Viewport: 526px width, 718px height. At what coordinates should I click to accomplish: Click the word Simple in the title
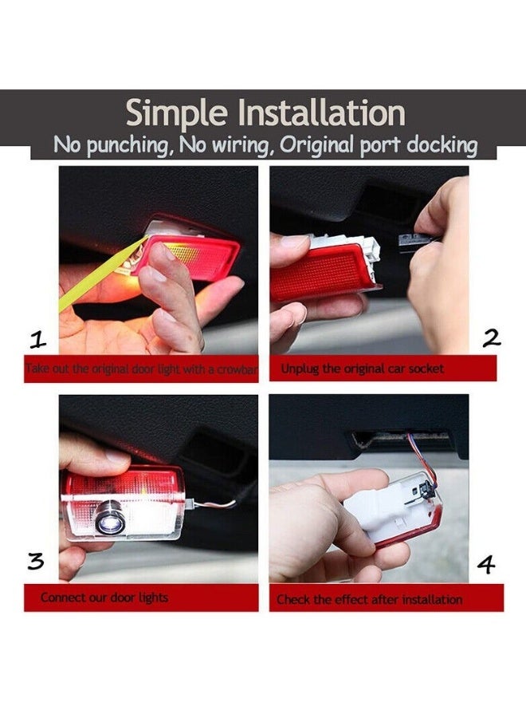[176, 113]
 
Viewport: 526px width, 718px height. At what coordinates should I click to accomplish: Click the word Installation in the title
[323, 112]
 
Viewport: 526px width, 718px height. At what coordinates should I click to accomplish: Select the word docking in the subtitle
[442, 145]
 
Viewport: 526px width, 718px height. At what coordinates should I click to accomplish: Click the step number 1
[38, 340]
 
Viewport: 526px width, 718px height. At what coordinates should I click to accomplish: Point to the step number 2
[491, 338]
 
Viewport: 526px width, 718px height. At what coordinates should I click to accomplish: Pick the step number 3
[36, 561]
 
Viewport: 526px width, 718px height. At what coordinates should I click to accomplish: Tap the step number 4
[486, 565]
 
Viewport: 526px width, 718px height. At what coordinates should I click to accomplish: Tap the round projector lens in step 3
[109, 518]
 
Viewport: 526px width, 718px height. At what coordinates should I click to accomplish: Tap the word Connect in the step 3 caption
[57, 598]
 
